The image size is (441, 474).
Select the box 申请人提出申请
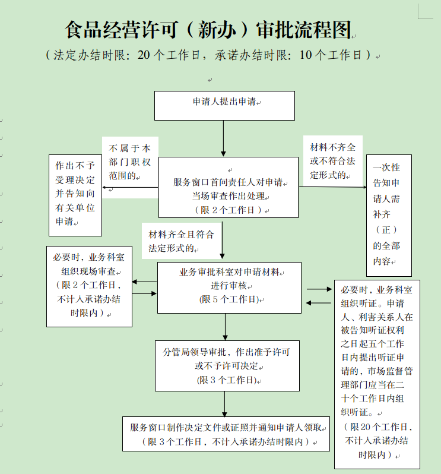point(224,105)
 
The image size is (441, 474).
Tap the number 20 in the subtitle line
point(145,55)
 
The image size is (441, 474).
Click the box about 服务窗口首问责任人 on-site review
point(229,187)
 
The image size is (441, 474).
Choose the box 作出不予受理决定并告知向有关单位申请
point(75,194)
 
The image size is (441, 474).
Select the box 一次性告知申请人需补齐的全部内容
point(388,215)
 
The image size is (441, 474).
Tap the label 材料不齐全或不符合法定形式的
point(332,161)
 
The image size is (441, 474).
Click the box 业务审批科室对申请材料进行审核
point(229,287)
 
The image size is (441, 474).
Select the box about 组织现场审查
point(90,286)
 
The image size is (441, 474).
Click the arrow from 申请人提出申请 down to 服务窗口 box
point(223,138)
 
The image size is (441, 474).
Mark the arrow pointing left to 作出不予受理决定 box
point(130,188)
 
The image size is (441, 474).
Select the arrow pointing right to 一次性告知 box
point(332,187)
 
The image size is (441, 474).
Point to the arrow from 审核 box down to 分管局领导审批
point(226,327)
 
